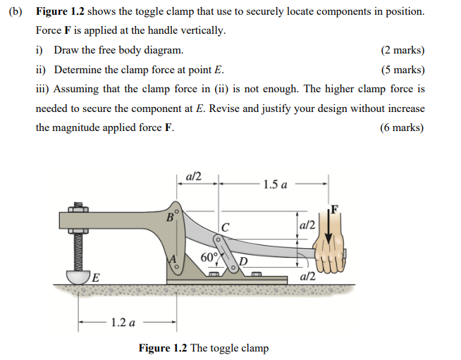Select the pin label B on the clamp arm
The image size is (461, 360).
click(x=169, y=217)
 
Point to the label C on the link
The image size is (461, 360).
click(x=225, y=227)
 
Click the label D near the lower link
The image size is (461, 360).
click(x=244, y=263)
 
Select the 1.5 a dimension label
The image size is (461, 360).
click(x=274, y=185)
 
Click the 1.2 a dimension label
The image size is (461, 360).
click(x=123, y=323)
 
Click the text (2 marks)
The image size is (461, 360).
click(x=402, y=51)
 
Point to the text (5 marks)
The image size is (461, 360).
click(x=402, y=70)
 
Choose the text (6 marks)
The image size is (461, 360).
click(x=402, y=128)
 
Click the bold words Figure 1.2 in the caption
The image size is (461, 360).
click(x=164, y=348)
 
